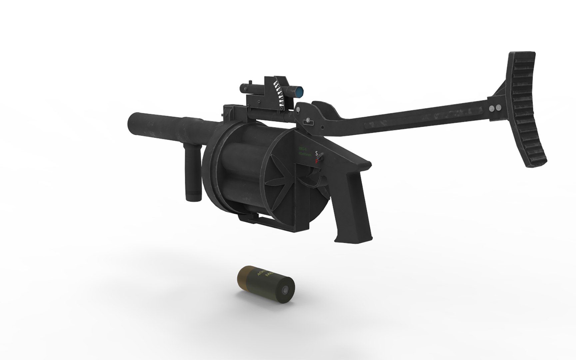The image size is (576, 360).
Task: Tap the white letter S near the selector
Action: [x=316, y=154]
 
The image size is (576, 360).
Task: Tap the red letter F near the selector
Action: [x=317, y=161]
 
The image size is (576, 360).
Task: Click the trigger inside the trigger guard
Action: [x=315, y=177]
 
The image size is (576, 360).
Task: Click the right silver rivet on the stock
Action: [x=498, y=108]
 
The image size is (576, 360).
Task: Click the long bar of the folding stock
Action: [x=416, y=118]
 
